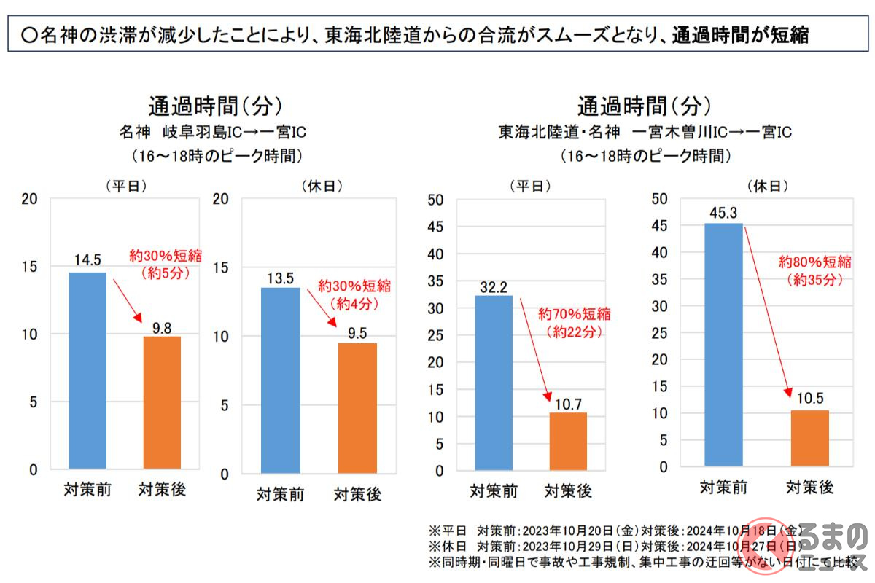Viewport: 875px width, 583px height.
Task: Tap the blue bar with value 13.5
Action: (x=281, y=380)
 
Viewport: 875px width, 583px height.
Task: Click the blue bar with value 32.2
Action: (x=494, y=383)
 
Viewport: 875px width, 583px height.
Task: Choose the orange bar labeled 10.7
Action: (x=568, y=441)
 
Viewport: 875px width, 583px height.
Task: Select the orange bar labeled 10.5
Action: (x=810, y=437)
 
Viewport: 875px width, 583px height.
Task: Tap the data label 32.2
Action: (x=494, y=286)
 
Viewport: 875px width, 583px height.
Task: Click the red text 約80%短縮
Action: (x=814, y=261)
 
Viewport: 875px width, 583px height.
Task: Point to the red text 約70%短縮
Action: (x=575, y=315)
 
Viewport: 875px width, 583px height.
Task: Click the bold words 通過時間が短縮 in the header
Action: (x=739, y=34)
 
